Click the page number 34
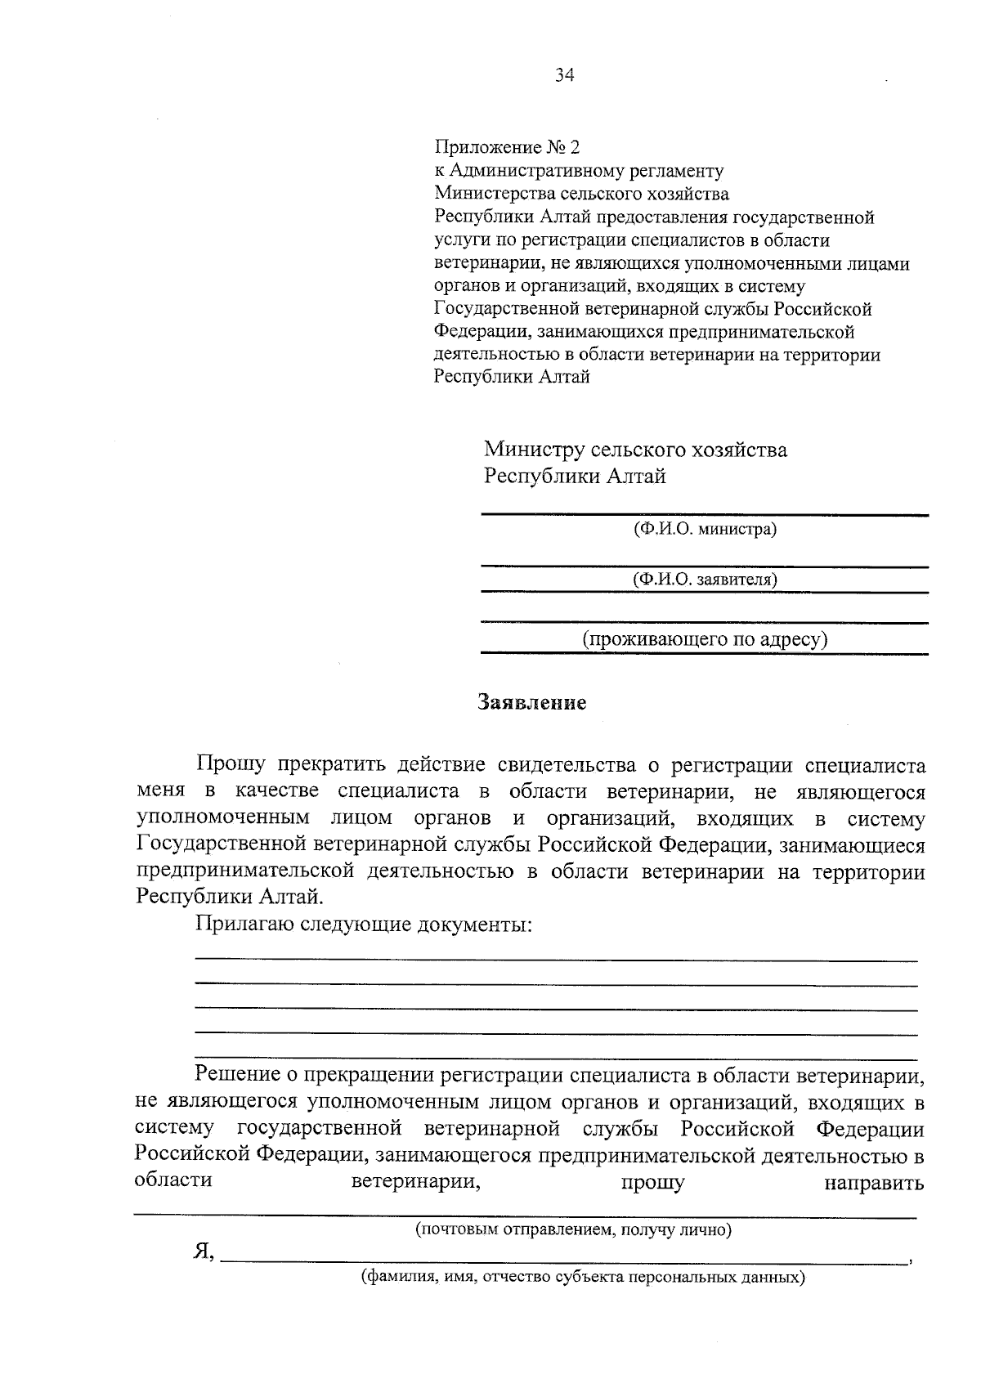click(564, 76)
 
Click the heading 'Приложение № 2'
click(506, 147)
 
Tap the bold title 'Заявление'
click(532, 703)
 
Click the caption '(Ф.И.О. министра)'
click(705, 529)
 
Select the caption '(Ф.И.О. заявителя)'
click(705, 580)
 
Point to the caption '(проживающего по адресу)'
click(705, 639)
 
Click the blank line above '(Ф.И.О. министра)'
click(705, 514)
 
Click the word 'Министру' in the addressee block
click(534, 450)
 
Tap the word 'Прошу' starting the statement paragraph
click(231, 766)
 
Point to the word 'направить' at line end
click(874, 1183)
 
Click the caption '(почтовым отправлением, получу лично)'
click(573, 1229)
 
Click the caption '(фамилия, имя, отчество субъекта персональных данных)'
click(584, 1278)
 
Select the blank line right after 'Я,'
click(564, 1262)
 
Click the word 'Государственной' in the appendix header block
click(497, 309)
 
